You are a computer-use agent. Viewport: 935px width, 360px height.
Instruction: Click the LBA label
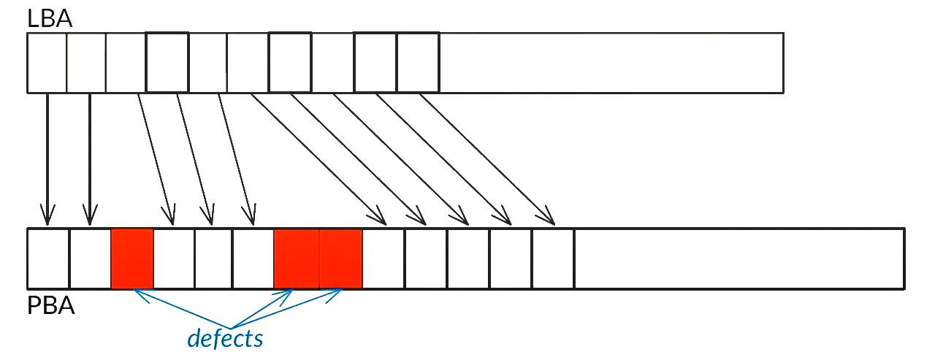coord(49,19)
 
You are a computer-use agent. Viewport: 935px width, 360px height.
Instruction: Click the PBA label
coord(50,306)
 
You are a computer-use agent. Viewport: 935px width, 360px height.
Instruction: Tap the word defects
coord(225,338)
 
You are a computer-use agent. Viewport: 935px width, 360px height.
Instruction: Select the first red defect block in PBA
coord(132,258)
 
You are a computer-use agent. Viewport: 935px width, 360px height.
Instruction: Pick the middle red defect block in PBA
coord(297,258)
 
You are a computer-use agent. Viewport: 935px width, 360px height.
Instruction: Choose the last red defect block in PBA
coord(340,258)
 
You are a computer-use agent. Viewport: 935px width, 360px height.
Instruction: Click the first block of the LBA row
coord(47,63)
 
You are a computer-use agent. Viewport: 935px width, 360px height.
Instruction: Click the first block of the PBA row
coord(48,258)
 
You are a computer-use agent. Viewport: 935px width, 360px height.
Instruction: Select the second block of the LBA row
coord(86,63)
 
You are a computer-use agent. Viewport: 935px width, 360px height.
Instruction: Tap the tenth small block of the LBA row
coord(418,63)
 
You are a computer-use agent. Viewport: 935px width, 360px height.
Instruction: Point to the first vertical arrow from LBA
coord(47,159)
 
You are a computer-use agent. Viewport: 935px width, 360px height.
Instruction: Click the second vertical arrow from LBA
coord(90,159)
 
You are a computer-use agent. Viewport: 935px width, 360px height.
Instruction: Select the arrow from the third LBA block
coord(156,159)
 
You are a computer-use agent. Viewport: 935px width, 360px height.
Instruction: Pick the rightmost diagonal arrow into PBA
coord(487,159)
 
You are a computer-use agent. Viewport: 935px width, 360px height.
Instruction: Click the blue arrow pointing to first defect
coord(182,308)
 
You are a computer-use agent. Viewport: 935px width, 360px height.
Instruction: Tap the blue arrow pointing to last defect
coord(286,308)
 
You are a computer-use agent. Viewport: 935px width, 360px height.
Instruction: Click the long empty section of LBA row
coord(611,63)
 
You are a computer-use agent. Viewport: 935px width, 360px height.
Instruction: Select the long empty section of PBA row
coord(740,258)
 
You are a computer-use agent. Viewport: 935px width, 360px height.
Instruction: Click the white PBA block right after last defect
coord(383,258)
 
